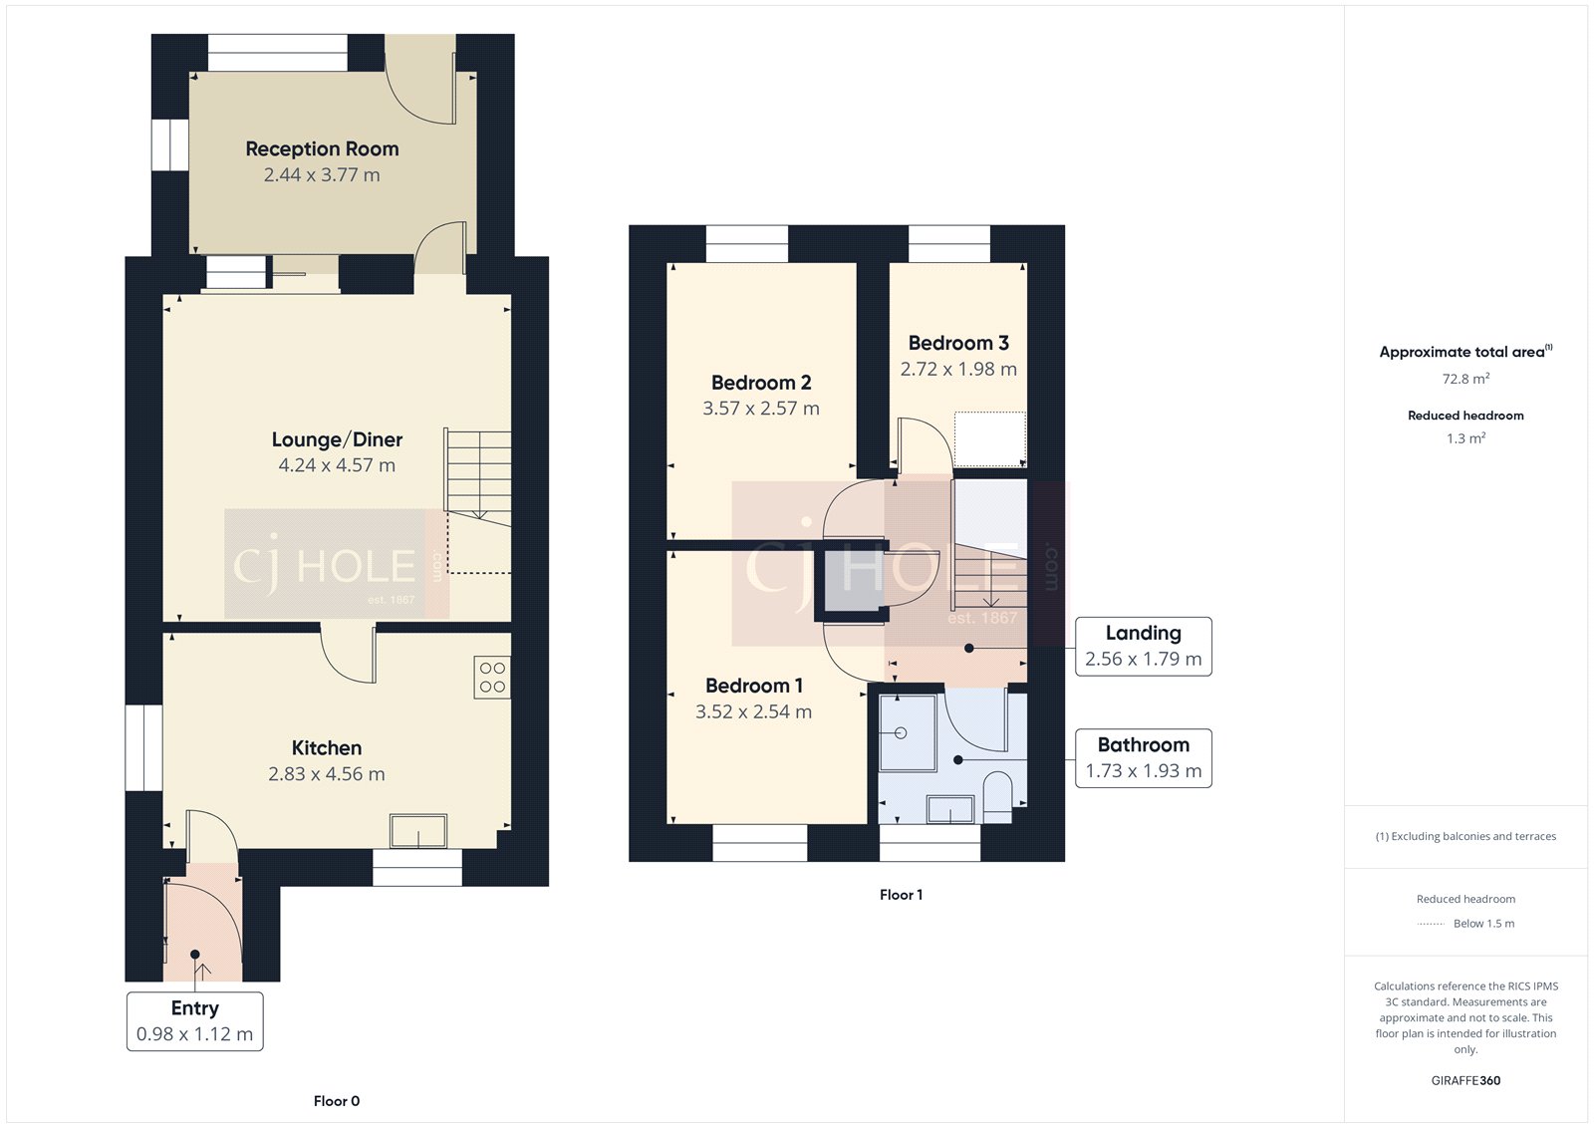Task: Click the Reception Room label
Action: [x=322, y=148]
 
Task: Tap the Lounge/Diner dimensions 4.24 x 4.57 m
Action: [x=337, y=465]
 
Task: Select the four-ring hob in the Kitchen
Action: [x=492, y=678]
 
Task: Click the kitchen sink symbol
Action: [x=418, y=831]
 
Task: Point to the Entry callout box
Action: [x=194, y=1020]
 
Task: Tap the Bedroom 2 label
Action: [x=761, y=383]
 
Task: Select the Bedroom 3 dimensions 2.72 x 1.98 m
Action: [x=958, y=370]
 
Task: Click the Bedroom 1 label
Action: [x=753, y=686]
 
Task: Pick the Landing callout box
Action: [x=1143, y=646]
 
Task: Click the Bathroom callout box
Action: [x=1143, y=758]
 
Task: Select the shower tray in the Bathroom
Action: [x=907, y=733]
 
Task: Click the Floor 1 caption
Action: [x=901, y=895]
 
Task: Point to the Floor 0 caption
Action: [x=336, y=1101]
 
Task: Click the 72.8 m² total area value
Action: [x=1465, y=379]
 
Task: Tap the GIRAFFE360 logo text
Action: [x=1465, y=1080]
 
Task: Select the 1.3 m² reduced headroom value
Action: [x=1465, y=438]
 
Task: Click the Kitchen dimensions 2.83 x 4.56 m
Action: [x=326, y=774]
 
